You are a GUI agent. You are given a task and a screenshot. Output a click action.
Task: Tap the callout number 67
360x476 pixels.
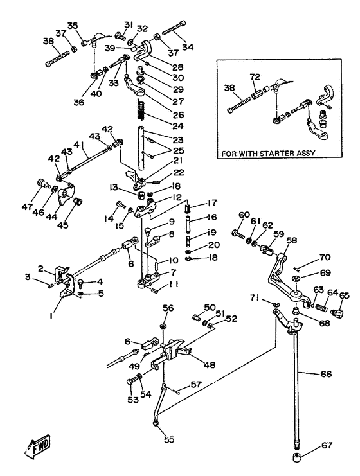(327, 445)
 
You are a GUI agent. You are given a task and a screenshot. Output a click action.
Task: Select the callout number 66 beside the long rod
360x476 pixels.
(326, 373)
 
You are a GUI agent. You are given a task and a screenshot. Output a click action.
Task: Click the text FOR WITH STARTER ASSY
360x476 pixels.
(268, 154)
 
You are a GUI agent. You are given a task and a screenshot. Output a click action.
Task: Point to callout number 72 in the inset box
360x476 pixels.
(255, 77)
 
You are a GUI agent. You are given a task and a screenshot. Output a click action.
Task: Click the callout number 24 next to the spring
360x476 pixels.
(178, 126)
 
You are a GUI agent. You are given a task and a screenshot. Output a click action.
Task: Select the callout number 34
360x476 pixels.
(188, 48)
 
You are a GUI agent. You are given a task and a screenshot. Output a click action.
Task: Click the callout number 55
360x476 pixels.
(169, 439)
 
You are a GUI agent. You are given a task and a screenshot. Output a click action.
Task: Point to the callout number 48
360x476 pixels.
(210, 364)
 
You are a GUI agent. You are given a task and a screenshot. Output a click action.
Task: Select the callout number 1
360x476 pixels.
(51, 315)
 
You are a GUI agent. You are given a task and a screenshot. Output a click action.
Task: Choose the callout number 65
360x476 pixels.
(344, 295)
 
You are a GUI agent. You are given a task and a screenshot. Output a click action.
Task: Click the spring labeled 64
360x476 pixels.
(321, 308)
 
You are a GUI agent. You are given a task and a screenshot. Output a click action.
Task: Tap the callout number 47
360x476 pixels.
(27, 207)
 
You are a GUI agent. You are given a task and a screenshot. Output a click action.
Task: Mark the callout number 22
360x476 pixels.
(179, 172)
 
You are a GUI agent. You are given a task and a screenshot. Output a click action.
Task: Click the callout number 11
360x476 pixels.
(174, 285)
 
